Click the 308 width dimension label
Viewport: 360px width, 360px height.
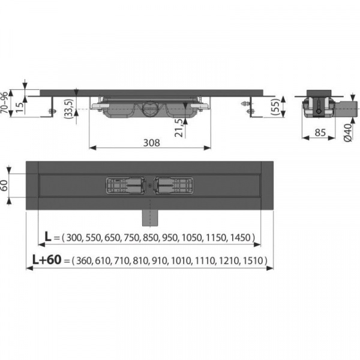(152, 143)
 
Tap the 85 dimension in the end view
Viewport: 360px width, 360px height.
(320, 133)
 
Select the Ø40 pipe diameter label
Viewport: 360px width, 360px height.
(348, 133)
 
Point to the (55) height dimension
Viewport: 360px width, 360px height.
(275, 106)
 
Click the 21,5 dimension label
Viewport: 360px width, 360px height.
(179, 128)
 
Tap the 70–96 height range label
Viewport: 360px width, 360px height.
(4, 102)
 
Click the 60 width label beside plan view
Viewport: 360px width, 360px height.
(4, 185)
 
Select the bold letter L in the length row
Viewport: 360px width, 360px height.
(48, 236)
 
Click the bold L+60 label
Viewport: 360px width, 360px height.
(47, 260)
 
